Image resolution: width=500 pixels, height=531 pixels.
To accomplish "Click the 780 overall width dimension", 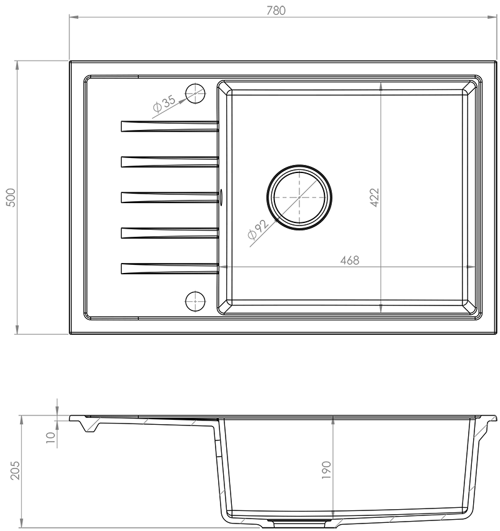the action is point(276,11).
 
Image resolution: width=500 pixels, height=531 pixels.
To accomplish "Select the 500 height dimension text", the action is point(11,197).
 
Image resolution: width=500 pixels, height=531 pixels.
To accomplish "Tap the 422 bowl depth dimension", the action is point(374,197).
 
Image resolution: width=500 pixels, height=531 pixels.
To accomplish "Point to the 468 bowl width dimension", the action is point(349,261).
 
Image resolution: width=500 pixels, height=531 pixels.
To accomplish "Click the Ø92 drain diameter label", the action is point(258,229).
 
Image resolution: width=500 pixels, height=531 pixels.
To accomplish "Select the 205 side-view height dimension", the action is point(15,470).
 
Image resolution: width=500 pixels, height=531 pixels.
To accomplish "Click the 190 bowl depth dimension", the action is point(326,470).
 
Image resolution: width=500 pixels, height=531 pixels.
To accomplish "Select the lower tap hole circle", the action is point(196,301).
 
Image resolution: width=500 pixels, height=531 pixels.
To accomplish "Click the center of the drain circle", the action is point(299,197).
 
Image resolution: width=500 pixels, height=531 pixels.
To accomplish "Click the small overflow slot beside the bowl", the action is point(221,197).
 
